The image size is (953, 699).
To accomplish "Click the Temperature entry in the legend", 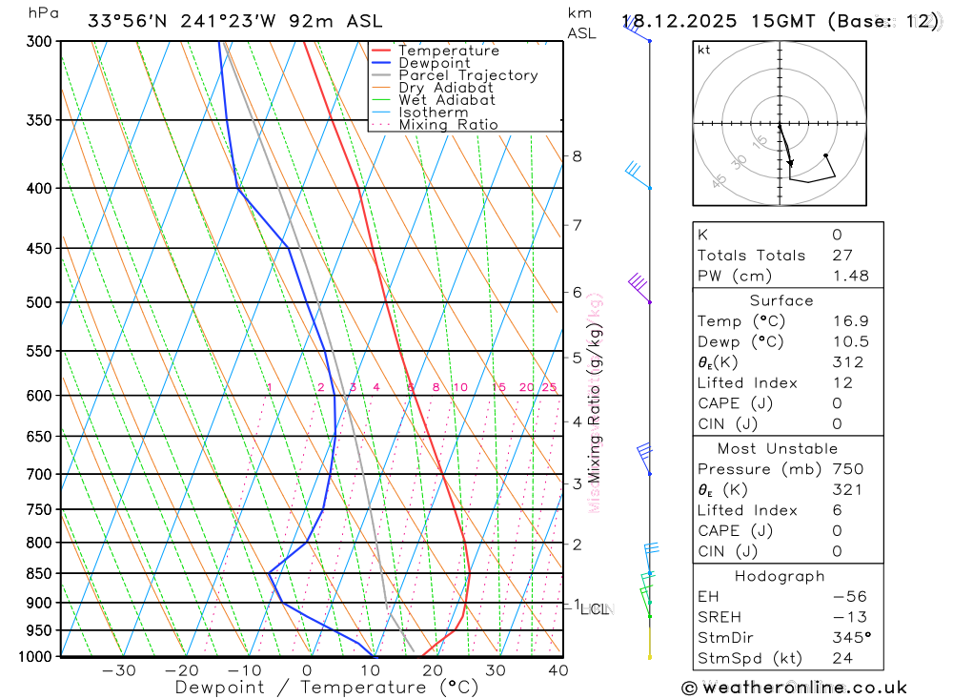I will click(x=448, y=51).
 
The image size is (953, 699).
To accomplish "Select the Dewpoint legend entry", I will click(x=434, y=63).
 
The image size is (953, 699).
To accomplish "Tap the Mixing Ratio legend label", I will click(x=448, y=125).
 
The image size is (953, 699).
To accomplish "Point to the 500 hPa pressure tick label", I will click(x=38, y=302).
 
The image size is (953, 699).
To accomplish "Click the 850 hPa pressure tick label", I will click(x=38, y=573).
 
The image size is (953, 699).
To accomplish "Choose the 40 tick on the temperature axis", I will click(x=558, y=670).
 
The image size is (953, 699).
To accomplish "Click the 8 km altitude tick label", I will click(x=577, y=156).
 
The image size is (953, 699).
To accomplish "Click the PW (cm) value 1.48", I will click(x=850, y=276).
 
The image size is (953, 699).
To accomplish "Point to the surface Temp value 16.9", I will click(x=850, y=321).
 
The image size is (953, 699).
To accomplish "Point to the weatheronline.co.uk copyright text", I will click(x=794, y=688).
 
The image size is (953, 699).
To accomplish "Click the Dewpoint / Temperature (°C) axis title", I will click(x=327, y=687).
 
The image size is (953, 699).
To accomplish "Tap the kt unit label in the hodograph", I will click(x=703, y=50).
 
